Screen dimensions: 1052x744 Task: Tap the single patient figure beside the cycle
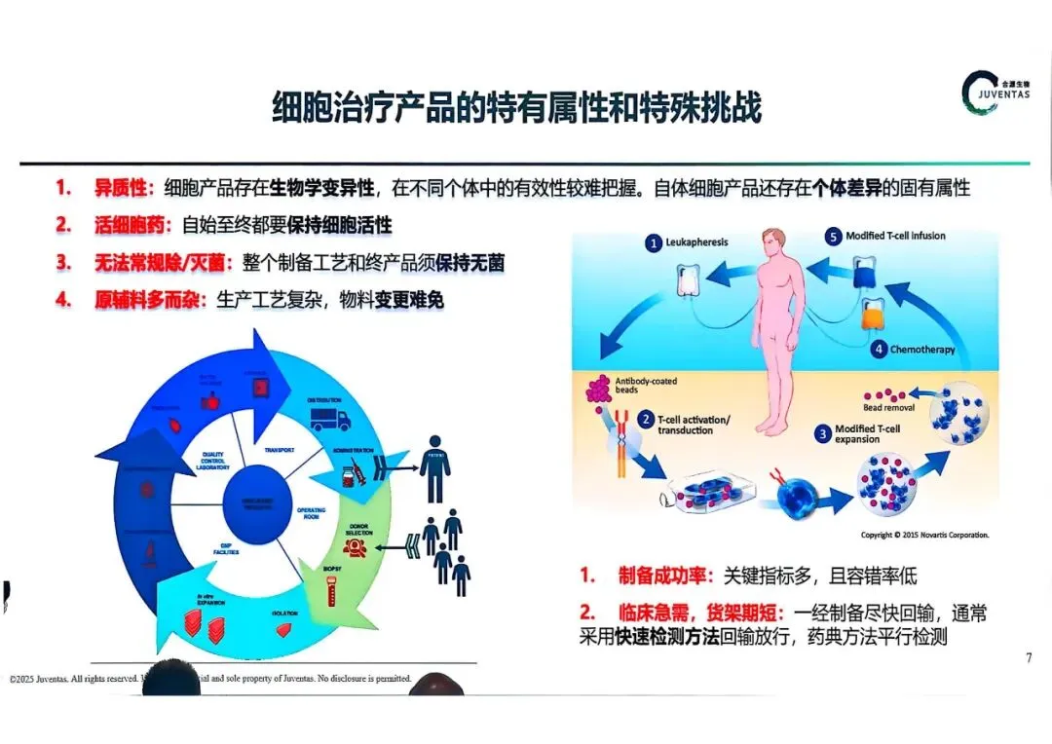pos(435,467)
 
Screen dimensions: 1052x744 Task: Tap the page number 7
pos(1029,658)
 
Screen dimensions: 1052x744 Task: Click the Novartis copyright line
pos(924,535)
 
